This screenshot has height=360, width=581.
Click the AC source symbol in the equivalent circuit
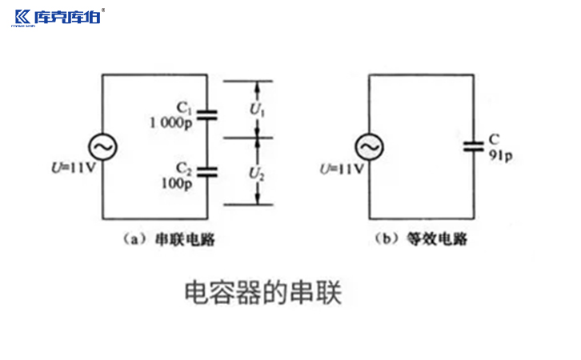coord(369,147)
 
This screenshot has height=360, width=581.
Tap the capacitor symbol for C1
coord(208,114)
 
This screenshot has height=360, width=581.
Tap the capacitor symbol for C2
coord(208,170)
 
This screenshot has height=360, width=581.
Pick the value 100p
coord(178,182)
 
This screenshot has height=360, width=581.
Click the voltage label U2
coord(256,171)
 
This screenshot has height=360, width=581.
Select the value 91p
coord(500,155)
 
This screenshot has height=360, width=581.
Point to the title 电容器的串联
coord(263,292)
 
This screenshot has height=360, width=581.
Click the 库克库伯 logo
coord(57,17)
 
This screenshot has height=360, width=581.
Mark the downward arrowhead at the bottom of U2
coord(256,200)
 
